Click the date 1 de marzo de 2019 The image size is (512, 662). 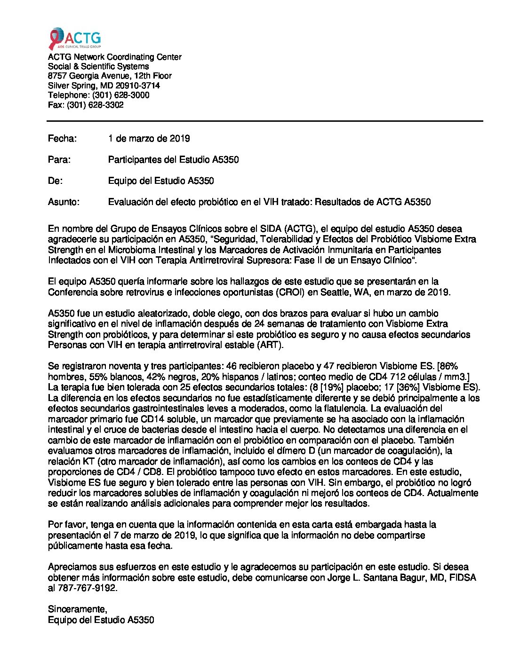point(149,139)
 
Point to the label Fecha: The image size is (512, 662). point(62,139)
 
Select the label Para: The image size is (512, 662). point(59,160)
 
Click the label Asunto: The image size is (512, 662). point(64,202)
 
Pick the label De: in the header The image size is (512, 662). point(55,181)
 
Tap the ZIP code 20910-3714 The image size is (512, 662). point(137,86)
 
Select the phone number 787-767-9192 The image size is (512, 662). point(88,588)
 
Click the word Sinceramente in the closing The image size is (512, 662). point(77,609)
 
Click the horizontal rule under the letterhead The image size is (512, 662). point(265,121)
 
